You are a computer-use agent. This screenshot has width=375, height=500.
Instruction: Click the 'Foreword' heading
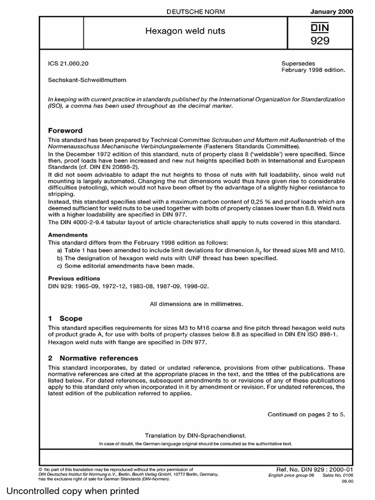tap(65, 130)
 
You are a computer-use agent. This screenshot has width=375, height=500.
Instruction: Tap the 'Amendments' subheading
tap(67, 235)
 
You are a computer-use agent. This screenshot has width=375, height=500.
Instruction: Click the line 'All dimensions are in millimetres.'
tap(196, 304)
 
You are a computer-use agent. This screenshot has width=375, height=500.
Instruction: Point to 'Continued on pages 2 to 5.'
tap(306, 415)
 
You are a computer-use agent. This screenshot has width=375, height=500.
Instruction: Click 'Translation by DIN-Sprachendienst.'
tap(195, 435)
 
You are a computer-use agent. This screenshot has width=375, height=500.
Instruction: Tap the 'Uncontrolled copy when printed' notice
tap(73, 491)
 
